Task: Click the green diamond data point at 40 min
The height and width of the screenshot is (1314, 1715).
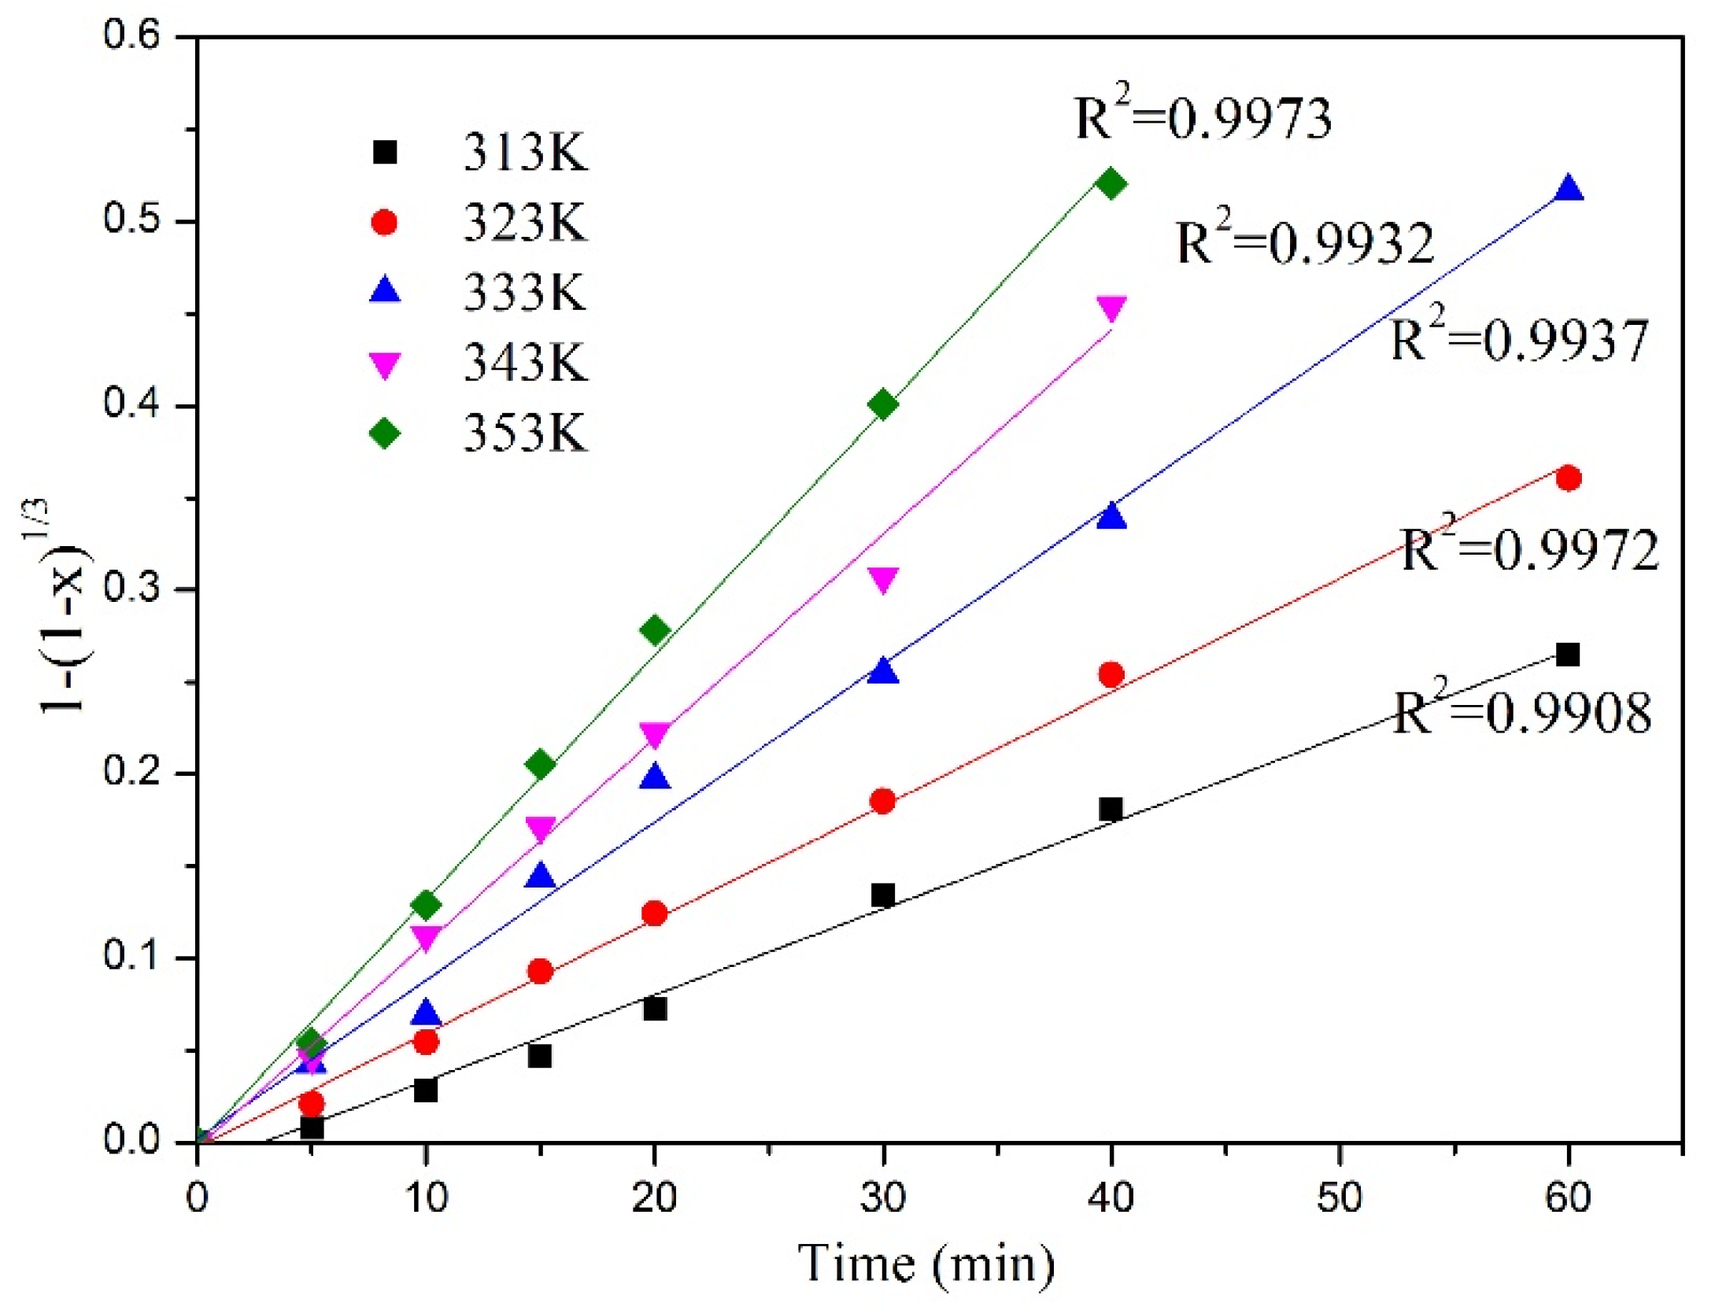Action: pos(1111,184)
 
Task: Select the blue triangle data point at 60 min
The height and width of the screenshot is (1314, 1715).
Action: pos(1568,190)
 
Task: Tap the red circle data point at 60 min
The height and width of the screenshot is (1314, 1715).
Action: pos(1568,478)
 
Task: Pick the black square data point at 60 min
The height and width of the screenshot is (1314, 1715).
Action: pos(1567,655)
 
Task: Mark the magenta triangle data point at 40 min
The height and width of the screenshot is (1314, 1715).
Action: pos(1111,308)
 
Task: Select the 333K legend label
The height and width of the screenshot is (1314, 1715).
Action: pos(524,293)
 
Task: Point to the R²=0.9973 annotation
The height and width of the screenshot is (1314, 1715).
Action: pos(1203,118)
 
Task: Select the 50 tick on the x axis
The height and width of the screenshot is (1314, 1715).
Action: pos(1339,1198)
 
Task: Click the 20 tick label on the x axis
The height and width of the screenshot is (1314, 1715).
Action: pos(654,1198)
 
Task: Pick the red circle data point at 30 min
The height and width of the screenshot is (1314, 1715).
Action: pos(882,801)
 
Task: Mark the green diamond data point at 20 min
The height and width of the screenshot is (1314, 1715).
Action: pos(654,630)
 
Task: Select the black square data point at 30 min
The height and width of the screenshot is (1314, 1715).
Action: pos(882,895)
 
